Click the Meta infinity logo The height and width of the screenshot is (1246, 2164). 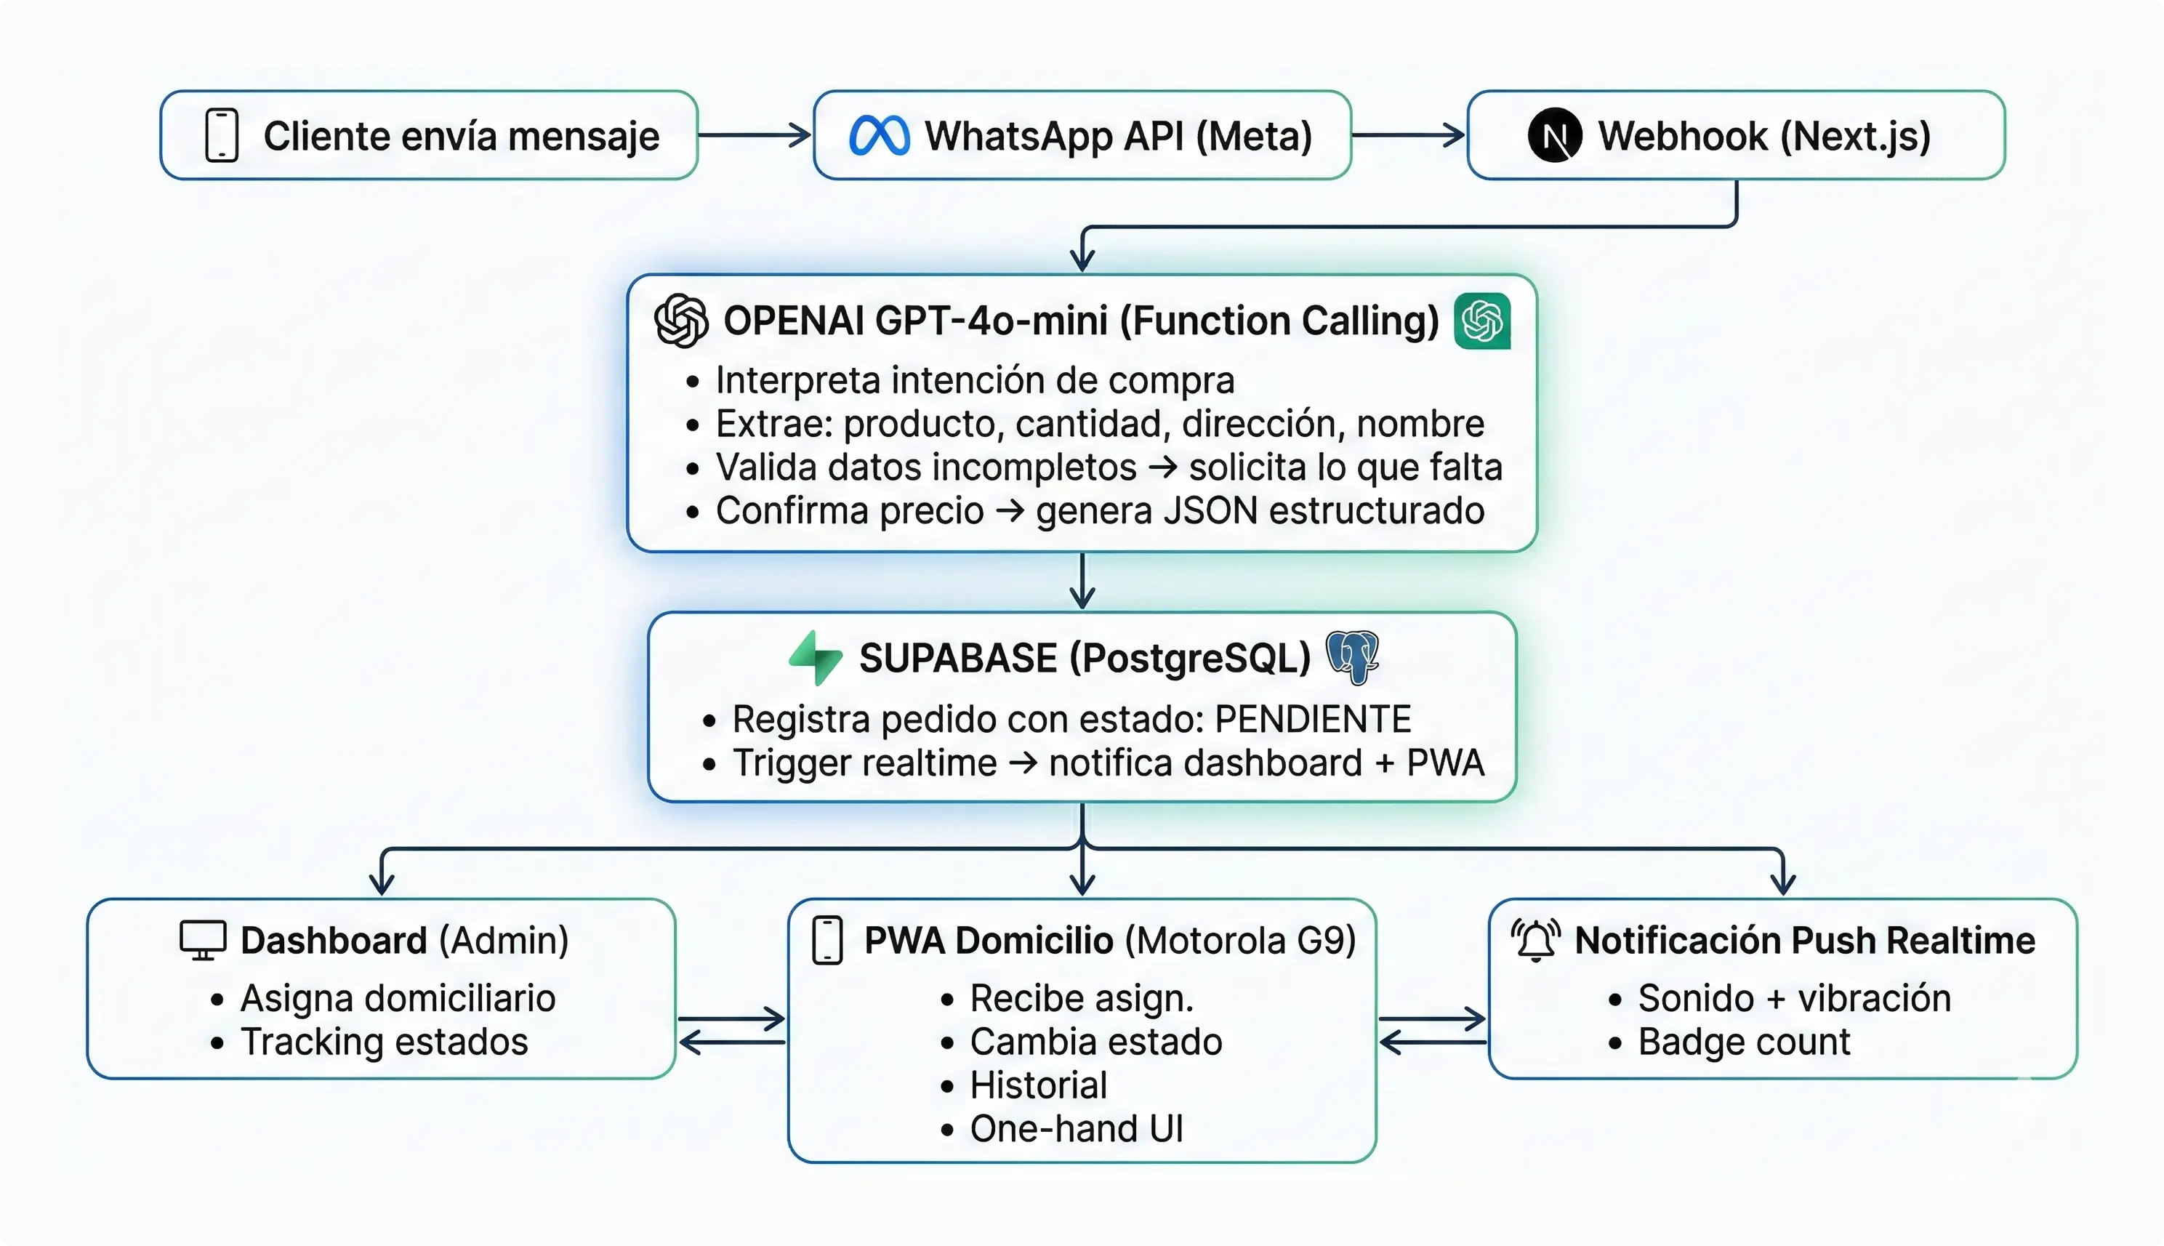[x=879, y=136]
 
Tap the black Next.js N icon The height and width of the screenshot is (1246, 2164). [x=1554, y=135]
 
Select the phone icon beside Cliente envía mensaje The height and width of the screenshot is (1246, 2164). [x=222, y=135]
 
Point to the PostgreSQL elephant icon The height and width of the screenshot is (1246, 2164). [x=1353, y=657]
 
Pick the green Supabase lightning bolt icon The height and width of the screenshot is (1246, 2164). [x=816, y=657]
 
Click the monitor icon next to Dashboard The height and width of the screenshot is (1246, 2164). [x=203, y=941]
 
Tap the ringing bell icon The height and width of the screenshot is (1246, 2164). [x=1536, y=941]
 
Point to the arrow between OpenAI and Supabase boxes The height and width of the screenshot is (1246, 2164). [x=1082, y=581]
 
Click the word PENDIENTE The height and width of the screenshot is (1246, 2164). [x=1313, y=719]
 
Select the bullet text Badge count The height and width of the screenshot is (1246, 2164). [x=1743, y=1042]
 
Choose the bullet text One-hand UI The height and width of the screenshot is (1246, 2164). [x=1076, y=1129]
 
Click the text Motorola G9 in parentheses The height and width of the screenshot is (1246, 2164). [x=1240, y=941]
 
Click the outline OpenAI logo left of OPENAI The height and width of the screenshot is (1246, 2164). [x=681, y=321]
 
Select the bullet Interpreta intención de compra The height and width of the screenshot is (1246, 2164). [x=975, y=380]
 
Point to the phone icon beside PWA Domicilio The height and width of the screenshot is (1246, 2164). [x=827, y=941]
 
